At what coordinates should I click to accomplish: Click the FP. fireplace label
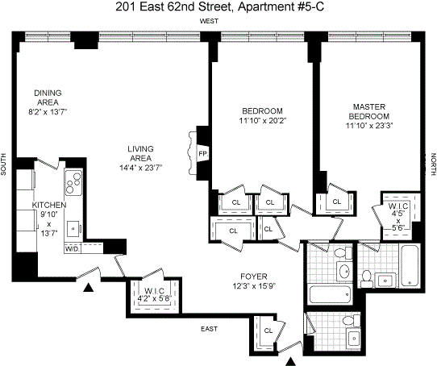pyautogui.click(x=203, y=153)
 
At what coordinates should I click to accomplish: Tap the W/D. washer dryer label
pyautogui.click(x=73, y=248)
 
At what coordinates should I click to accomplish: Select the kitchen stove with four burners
pyautogui.click(x=73, y=182)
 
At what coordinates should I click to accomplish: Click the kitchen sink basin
pyautogui.click(x=73, y=229)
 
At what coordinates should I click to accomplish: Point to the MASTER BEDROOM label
pyautogui.click(x=369, y=111)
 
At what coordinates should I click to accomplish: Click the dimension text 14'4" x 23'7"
pyautogui.click(x=141, y=168)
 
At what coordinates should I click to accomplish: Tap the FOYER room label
pyautogui.click(x=254, y=277)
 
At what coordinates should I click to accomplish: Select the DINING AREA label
pyautogui.click(x=48, y=98)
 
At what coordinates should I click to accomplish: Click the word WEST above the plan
pyautogui.click(x=209, y=21)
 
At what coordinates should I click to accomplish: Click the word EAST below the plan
pyautogui.click(x=209, y=329)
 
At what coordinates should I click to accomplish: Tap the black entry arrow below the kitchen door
pyautogui.click(x=89, y=287)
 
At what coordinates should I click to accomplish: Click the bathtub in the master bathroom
pyautogui.click(x=410, y=265)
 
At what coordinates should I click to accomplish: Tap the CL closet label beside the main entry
pyautogui.click(x=268, y=331)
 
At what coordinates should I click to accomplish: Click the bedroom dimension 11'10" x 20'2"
pyautogui.click(x=263, y=121)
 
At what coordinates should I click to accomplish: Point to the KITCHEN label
pyautogui.click(x=49, y=205)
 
